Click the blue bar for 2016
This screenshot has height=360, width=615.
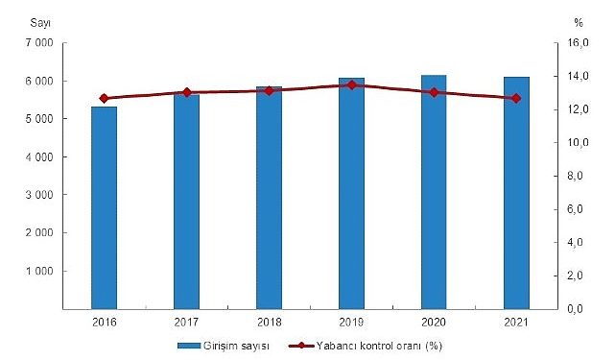click(104, 207)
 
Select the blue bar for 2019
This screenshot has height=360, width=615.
click(351, 193)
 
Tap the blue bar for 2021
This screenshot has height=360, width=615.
click(516, 193)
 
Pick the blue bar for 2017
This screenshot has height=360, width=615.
click(186, 202)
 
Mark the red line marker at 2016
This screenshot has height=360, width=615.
click(104, 98)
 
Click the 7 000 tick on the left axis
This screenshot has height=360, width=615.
click(37, 43)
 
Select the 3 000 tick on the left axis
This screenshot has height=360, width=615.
click(37, 195)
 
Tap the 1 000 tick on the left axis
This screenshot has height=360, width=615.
click(37, 271)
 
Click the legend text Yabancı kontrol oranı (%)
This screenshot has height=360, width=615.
click(378, 345)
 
